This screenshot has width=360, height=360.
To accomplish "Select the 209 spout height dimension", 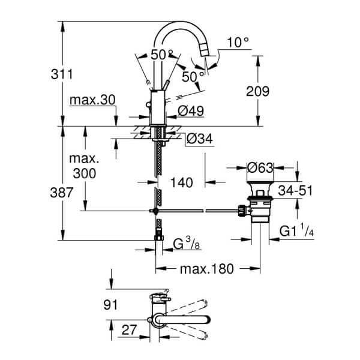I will pyautogui.click(x=258, y=92).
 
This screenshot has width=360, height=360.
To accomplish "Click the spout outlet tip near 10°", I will pyautogui.click(x=207, y=59).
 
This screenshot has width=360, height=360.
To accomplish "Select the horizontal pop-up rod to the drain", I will pyautogui.click(x=198, y=211).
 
